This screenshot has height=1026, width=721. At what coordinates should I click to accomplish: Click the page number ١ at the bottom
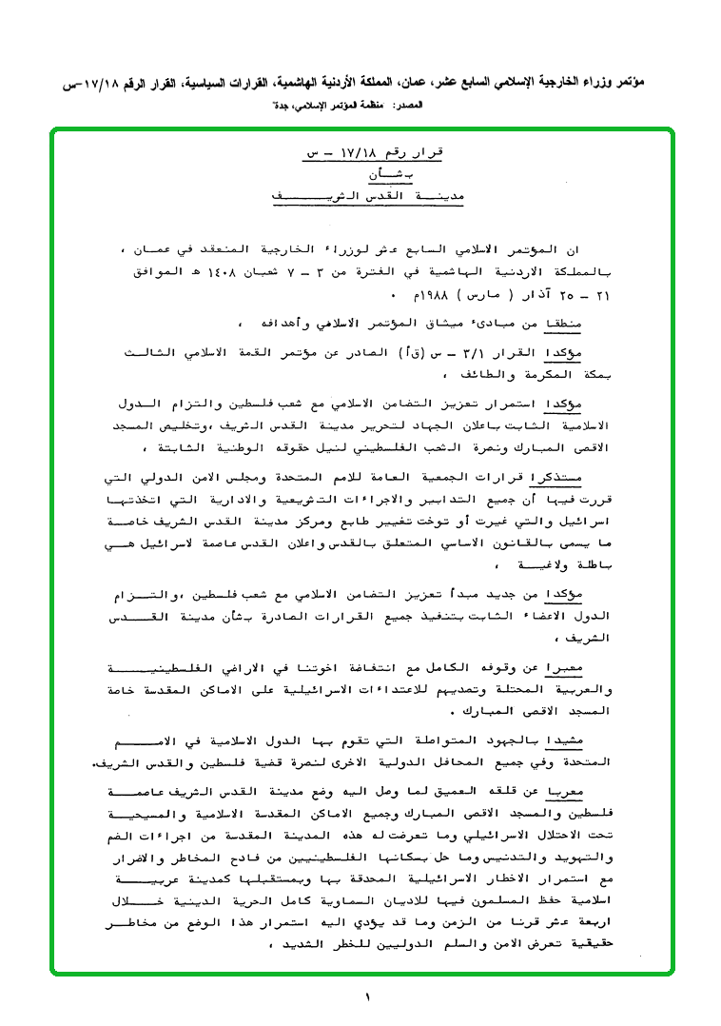pos(365,996)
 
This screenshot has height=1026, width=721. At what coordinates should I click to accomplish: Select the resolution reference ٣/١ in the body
pos(491,352)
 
